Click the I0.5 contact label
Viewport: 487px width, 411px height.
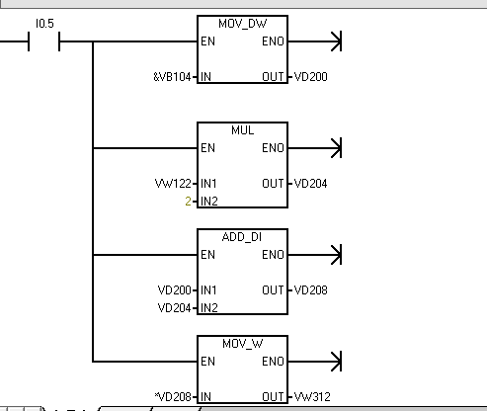(x=44, y=24)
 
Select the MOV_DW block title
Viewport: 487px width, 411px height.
(x=242, y=24)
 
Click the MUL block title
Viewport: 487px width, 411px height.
(x=242, y=130)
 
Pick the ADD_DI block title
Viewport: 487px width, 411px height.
(x=242, y=237)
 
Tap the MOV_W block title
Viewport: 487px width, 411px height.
(x=242, y=344)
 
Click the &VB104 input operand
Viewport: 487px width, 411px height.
(x=172, y=77)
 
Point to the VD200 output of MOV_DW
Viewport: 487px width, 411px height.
(x=310, y=77)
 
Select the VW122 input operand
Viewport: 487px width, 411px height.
(x=173, y=184)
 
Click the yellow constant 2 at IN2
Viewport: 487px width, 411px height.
(x=188, y=201)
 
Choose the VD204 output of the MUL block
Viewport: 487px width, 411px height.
(x=310, y=184)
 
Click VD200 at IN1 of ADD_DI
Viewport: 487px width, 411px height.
(x=175, y=290)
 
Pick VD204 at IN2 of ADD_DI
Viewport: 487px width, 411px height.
(x=175, y=308)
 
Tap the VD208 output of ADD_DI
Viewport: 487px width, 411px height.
(x=310, y=290)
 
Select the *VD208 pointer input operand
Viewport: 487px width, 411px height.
(x=173, y=397)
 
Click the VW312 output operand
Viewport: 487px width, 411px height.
(x=312, y=397)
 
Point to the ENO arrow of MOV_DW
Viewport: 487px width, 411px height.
(x=315, y=41)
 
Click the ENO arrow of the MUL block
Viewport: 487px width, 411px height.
(x=315, y=148)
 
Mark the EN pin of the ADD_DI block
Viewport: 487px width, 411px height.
(x=207, y=255)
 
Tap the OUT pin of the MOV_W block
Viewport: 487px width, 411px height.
(x=273, y=397)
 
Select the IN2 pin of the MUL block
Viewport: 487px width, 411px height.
(x=209, y=201)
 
